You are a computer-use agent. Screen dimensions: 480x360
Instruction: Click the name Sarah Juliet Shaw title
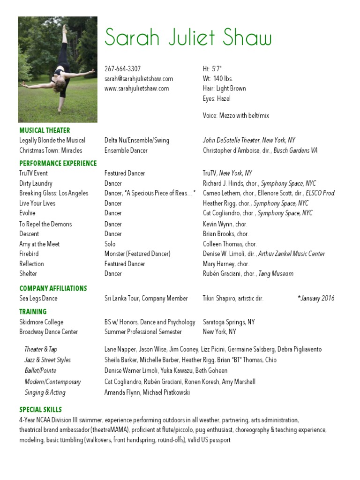(188, 37)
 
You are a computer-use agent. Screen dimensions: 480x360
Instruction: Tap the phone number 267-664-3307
(122, 68)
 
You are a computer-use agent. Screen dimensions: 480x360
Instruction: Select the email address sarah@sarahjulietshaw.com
(139, 78)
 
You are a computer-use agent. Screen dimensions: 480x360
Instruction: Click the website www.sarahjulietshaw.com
(136, 88)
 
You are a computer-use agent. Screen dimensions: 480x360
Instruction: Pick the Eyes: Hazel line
(217, 98)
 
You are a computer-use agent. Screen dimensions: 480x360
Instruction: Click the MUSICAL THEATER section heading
(45, 130)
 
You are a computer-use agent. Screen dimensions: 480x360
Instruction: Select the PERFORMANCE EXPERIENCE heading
(58, 163)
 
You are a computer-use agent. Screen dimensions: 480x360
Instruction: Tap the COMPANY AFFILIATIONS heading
(53, 288)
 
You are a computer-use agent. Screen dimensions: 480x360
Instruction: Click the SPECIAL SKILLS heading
(40, 410)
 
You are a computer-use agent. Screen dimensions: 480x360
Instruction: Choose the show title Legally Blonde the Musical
(52, 140)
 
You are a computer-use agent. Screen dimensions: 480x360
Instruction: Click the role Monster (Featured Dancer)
(137, 254)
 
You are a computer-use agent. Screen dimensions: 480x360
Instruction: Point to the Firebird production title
(29, 254)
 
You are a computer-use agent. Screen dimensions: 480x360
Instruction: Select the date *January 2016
(316, 298)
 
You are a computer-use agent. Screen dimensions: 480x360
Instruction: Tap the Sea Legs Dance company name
(38, 298)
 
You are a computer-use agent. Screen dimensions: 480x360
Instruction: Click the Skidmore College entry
(41, 322)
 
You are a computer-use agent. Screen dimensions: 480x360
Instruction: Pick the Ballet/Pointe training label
(40, 370)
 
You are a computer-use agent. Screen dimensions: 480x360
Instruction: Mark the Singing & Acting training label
(45, 392)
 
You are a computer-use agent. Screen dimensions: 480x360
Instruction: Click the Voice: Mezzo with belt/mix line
(236, 115)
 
